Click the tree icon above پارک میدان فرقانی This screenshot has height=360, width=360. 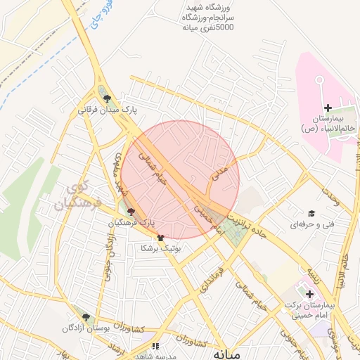click(107, 99)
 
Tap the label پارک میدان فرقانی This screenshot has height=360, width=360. click(107, 110)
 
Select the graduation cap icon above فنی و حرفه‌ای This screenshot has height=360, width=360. click(310, 214)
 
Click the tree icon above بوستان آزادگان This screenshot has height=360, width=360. click(86, 318)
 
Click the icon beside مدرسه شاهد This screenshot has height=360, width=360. click(155, 346)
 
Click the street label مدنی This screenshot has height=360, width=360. click(220, 171)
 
